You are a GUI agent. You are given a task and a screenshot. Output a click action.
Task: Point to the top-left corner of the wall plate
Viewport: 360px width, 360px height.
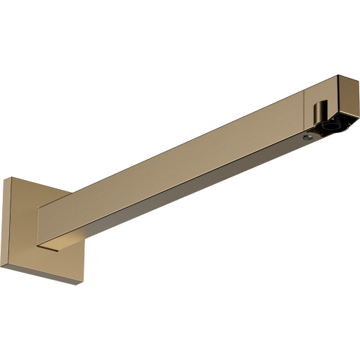[6, 177]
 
